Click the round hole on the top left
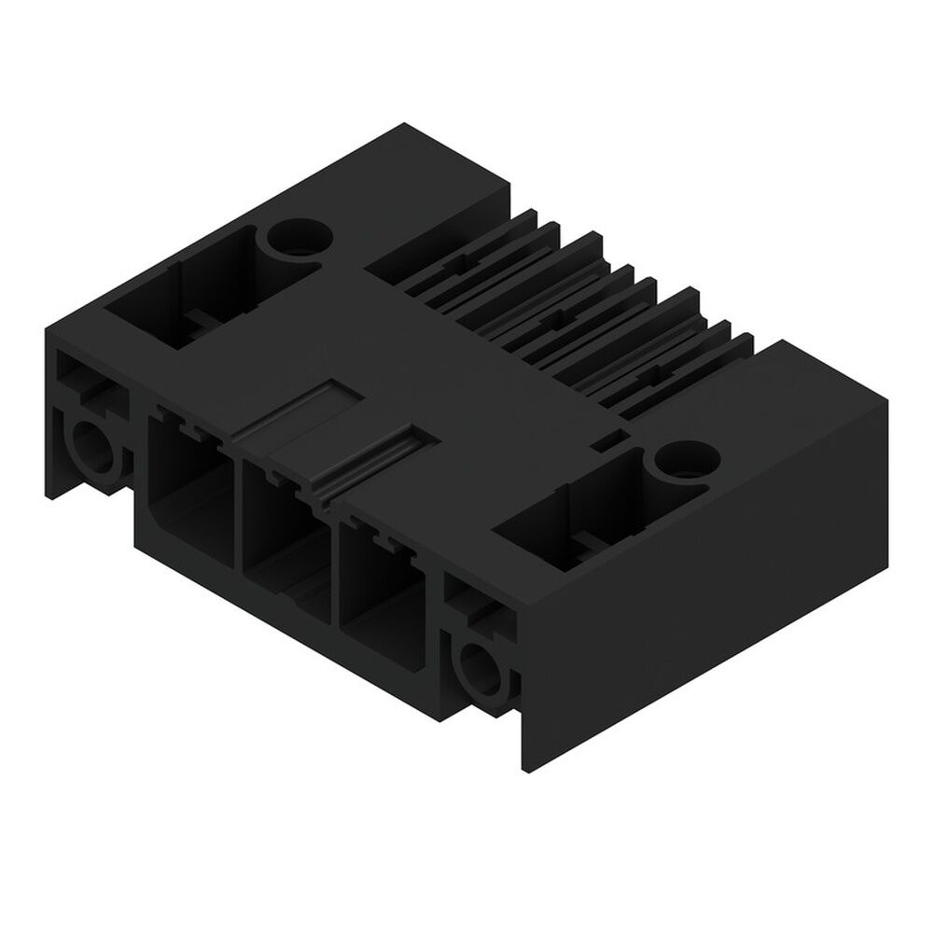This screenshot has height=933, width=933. (x=300, y=239)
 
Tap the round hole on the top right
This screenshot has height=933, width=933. (x=687, y=458)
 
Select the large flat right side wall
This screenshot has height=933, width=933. (x=709, y=578)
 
